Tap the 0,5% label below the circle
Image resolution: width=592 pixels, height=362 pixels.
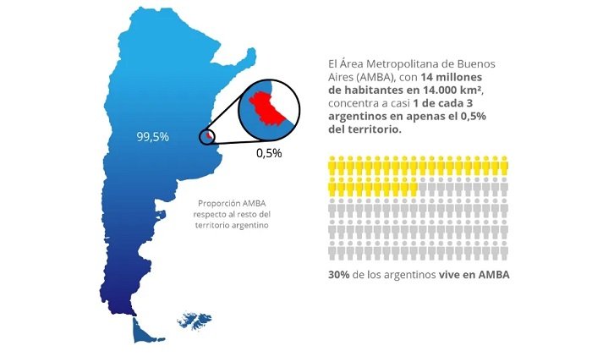pyautogui.click(x=269, y=154)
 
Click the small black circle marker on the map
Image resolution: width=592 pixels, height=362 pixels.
pyautogui.click(x=206, y=136)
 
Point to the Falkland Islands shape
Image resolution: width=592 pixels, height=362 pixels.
pyautogui.click(x=194, y=321)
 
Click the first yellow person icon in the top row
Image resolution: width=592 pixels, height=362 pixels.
pyautogui.click(x=332, y=164)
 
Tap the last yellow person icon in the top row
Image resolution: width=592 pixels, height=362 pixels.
pyautogui.click(x=505, y=164)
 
